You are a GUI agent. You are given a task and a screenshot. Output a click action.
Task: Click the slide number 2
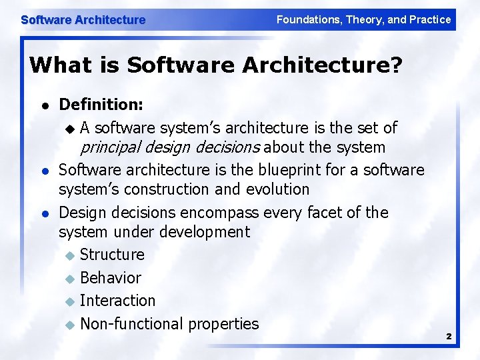449,337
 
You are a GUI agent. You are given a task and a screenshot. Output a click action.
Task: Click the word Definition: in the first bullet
100,104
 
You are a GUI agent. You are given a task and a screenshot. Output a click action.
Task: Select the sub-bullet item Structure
112,255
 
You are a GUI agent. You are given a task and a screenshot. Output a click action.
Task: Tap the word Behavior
111,278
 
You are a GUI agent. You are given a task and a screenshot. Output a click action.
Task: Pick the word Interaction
117,301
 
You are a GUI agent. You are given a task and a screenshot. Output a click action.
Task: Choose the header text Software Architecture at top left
83,20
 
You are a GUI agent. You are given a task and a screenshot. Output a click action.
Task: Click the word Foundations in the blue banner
308,20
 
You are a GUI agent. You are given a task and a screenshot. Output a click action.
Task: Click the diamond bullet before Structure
71,255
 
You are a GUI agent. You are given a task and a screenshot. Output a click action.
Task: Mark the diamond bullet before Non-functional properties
71,325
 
